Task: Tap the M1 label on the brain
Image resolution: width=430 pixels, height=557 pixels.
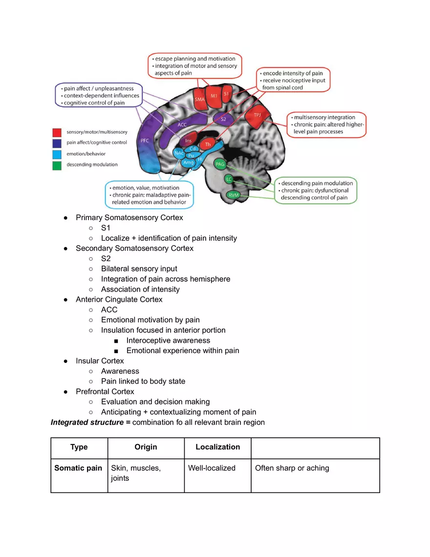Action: pos(214,96)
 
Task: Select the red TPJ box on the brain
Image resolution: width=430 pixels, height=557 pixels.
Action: pos(258,115)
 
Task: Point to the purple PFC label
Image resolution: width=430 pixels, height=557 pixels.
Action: pos(144,140)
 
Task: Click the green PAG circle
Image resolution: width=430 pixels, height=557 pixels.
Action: pos(219,164)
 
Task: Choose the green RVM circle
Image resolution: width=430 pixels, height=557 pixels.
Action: pos(234,195)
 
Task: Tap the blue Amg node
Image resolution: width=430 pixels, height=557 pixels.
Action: pos(189,162)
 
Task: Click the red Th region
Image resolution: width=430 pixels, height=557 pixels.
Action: pos(208,144)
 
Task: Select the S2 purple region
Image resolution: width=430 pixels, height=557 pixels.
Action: pos(223,119)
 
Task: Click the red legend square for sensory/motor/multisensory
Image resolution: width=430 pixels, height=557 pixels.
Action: pos(57,132)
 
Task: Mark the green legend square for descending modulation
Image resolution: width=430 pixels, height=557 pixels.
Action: pos(57,165)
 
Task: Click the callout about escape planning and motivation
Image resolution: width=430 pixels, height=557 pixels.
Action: pos(195,66)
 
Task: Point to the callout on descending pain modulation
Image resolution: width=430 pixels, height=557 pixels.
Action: pos(316,190)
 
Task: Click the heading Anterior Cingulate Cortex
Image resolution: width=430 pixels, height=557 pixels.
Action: pos(119,299)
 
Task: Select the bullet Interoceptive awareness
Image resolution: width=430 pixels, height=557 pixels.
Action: pos(168,340)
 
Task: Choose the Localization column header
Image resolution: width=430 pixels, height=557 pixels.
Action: pos(217,447)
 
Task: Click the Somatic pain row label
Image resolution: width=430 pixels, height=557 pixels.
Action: pos(78,468)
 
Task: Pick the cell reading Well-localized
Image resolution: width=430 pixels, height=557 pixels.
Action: pos(212,468)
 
